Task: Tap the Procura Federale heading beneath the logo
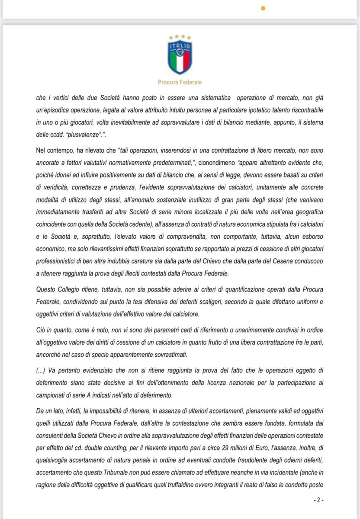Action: coord(180,82)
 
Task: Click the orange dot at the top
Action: coord(263,8)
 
